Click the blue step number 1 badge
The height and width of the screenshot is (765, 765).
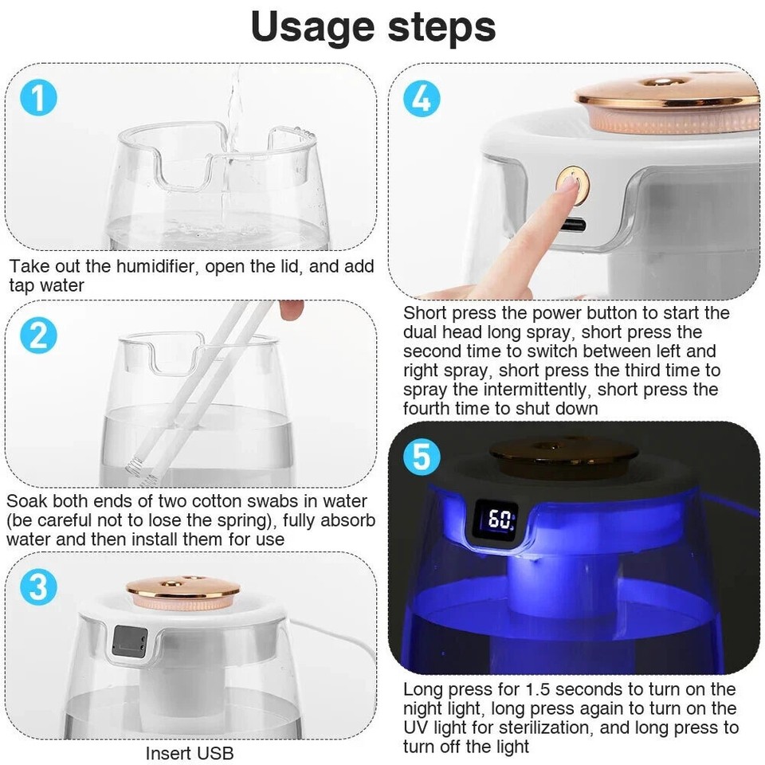[38, 100]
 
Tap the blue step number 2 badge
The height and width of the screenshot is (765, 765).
[38, 335]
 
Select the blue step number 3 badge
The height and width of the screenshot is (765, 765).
[38, 587]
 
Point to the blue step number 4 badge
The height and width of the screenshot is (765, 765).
[422, 100]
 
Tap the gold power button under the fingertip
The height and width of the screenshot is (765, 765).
[572, 183]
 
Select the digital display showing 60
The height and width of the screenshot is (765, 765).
[500, 521]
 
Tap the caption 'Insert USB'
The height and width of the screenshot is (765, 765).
[190, 752]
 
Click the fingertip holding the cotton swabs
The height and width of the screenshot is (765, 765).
[292, 309]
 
